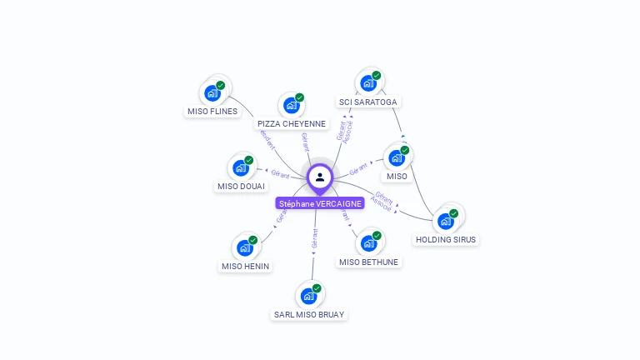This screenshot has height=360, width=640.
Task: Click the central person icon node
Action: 320,177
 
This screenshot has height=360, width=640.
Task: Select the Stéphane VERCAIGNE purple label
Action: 320,203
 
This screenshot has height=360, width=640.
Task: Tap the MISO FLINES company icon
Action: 212,92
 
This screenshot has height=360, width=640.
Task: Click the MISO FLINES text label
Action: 212,112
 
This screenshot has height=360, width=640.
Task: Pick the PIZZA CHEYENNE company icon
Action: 291,105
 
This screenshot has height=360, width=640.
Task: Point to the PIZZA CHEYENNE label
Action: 292,124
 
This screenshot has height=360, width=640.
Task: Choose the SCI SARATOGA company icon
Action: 368,83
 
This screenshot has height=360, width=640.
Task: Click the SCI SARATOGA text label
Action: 368,102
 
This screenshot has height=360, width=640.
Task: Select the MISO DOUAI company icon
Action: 241,167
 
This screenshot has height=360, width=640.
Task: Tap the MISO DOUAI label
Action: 241,187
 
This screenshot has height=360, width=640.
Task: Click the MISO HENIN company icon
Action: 245,247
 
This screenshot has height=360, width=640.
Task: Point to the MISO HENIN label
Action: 246,267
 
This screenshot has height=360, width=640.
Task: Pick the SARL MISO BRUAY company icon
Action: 308,296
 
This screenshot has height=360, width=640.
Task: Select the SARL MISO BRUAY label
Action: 309,315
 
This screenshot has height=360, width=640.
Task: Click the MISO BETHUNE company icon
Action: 368,243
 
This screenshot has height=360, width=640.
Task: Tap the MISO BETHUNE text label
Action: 369,262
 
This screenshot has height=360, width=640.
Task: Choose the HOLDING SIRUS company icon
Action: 446,221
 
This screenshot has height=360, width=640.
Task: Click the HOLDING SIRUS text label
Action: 447,240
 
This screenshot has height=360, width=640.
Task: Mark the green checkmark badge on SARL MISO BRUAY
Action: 317,288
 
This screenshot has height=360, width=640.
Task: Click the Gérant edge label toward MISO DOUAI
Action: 280,174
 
